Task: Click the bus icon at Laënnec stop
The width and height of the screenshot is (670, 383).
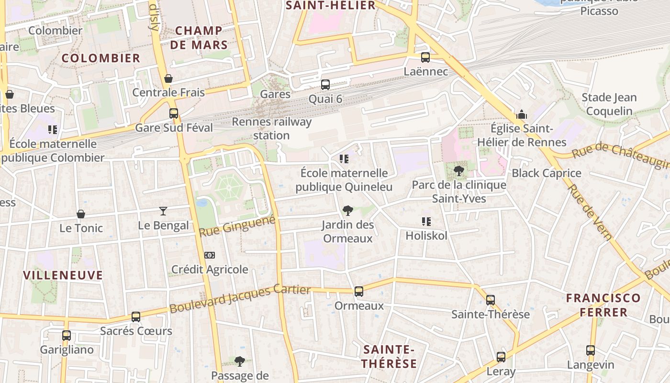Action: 425,57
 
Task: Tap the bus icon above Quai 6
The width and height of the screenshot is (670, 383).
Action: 325,85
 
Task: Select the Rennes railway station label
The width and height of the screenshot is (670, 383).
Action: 271,128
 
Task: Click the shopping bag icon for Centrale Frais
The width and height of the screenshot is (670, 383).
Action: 168,79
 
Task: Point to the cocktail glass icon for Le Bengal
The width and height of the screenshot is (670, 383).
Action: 163,211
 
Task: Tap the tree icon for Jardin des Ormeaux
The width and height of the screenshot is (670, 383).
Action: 348,210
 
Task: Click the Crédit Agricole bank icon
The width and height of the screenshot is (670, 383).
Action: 210,255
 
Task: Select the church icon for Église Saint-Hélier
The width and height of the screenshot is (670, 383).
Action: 521,115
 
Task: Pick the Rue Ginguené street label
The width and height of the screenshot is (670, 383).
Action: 237,225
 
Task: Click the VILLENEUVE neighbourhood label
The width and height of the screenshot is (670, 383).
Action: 63,275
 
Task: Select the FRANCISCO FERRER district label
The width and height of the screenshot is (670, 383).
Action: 603,305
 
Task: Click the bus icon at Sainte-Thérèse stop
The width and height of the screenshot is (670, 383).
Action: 491,300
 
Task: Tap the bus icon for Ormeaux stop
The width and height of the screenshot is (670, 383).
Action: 358,291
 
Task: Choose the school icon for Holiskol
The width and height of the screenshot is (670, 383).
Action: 426,221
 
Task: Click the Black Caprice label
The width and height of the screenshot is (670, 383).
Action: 547,173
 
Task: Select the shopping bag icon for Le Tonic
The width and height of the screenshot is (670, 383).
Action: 81,214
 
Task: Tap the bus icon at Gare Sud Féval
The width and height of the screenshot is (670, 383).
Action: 174,113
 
